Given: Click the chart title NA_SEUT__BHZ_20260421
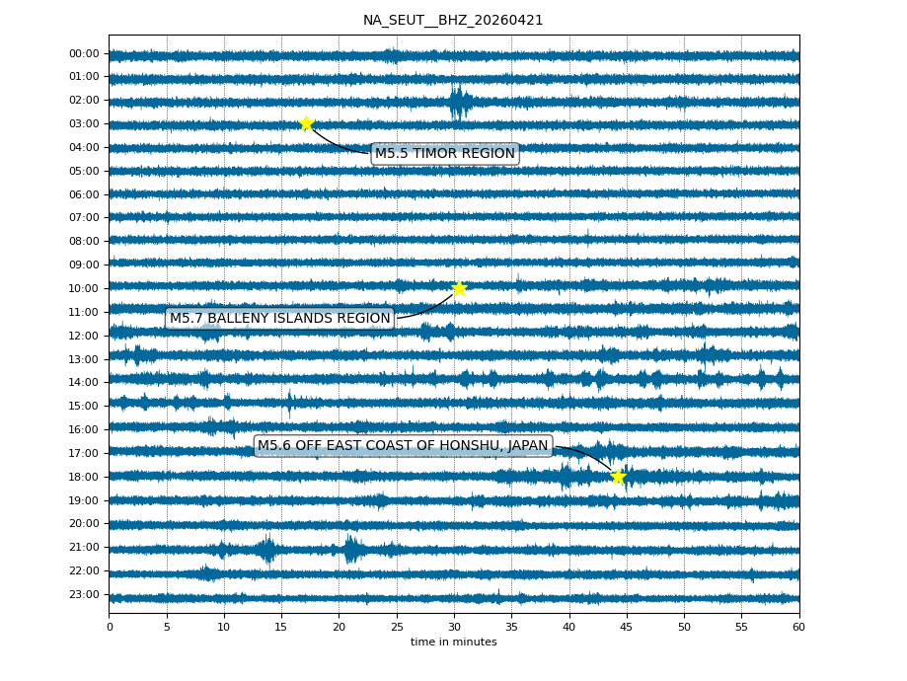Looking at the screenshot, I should click(x=453, y=20).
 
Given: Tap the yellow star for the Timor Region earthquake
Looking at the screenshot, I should click(x=306, y=123).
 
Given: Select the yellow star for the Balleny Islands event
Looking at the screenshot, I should click(x=459, y=288).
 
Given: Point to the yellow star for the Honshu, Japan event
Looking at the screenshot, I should click(x=618, y=477).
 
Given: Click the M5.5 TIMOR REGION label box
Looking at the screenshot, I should click(x=445, y=153).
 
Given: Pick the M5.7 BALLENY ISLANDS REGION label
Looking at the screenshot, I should click(x=279, y=318).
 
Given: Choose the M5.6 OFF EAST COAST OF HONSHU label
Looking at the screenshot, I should click(x=403, y=446).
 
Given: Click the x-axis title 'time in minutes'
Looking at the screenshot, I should click(x=453, y=643).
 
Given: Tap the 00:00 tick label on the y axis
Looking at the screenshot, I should click(x=85, y=53).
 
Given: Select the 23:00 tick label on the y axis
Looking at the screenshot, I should click(x=85, y=594).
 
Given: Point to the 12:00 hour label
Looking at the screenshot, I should click(x=85, y=336).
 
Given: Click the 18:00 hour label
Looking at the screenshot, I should click(x=85, y=477).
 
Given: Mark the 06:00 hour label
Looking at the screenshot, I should click(x=85, y=194).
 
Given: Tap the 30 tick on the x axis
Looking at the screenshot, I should click(x=454, y=627).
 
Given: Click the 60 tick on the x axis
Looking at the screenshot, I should click(x=798, y=627).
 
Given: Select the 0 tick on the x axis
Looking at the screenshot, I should click(x=110, y=627).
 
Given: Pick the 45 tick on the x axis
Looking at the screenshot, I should click(x=627, y=627).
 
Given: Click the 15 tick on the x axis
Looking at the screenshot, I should click(x=281, y=627).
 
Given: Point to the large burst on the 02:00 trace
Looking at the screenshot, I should click(x=459, y=101).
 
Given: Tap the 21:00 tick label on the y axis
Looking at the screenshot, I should click(x=85, y=547).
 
